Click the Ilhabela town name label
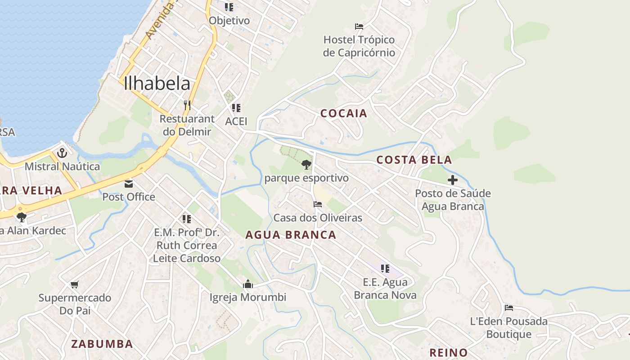(x=157, y=84)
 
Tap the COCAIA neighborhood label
(x=344, y=113)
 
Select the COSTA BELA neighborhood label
(x=414, y=160)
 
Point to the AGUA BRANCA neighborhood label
(x=291, y=235)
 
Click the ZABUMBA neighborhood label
(x=102, y=344)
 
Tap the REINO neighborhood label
(x=448, y=352)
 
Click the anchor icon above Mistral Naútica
(x=62, y=153)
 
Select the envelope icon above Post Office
(x=129, y=184)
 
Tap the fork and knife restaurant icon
(x=187, y=105)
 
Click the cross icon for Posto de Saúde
(x=453, y=180)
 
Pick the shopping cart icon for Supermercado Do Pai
(x=75, y=284)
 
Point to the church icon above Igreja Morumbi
(x=247, y=284)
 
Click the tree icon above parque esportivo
(x=306, y=165)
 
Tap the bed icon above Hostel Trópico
(x=359, y=27)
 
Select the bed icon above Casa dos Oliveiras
(x=318, y=204)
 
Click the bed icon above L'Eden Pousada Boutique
(x=509, y=308)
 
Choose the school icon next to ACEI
(x=236, y=108)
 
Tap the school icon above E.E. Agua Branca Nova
(x=385, y=269)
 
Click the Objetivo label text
(x=229, y=21)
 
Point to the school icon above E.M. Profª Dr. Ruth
(x=187, y=219)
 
